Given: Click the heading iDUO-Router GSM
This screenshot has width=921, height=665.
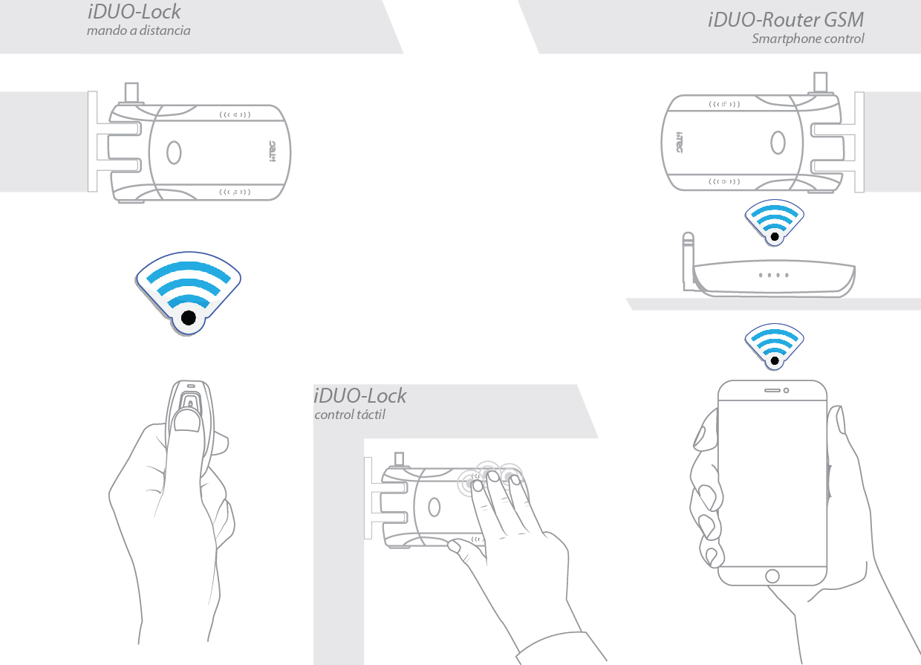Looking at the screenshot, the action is point(785,20).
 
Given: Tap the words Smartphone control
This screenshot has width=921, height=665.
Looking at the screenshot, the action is point(808,39).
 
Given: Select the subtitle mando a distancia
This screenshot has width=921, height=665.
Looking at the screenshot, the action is point(139,30).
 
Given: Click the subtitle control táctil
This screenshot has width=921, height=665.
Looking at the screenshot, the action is point(350,415).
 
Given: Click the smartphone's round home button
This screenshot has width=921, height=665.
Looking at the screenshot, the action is point(772,576).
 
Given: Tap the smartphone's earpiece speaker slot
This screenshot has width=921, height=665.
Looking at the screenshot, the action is point(772,390).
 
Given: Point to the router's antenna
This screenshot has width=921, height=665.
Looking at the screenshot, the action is point(688,260).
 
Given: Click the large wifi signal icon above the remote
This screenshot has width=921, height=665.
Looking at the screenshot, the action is point(189,293).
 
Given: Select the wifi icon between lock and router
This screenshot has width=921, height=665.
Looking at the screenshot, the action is point(774,222).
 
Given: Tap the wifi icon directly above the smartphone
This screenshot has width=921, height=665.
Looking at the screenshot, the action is point(774,346).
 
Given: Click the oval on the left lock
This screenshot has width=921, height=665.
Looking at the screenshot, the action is point(174,152).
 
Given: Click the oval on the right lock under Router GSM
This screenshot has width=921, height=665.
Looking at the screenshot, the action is point(778,143).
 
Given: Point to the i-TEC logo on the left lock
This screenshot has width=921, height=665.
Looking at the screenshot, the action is point(273,151).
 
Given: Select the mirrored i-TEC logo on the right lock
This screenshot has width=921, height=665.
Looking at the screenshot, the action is point(679,143).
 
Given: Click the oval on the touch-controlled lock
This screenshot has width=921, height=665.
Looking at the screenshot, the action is point(435,507).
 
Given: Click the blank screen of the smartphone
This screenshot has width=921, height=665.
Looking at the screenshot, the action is point(772,483).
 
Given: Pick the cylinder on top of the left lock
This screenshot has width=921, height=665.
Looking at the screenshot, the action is point(132,93).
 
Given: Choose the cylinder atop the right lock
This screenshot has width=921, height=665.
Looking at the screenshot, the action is point(820,82).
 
